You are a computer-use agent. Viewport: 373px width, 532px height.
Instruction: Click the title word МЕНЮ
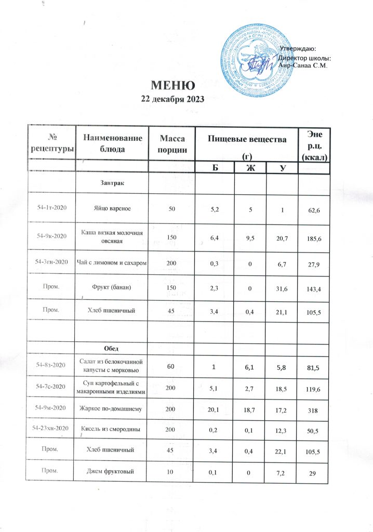173,85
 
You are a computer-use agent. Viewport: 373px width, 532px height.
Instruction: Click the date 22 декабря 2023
173,99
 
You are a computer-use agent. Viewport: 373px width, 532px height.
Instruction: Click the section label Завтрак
112,183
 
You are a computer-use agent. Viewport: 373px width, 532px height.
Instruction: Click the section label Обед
112,347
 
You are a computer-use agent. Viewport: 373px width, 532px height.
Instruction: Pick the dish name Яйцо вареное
112,208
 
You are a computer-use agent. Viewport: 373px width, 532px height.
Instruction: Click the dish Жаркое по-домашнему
112,410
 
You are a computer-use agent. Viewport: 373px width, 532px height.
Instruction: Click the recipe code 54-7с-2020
51,388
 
